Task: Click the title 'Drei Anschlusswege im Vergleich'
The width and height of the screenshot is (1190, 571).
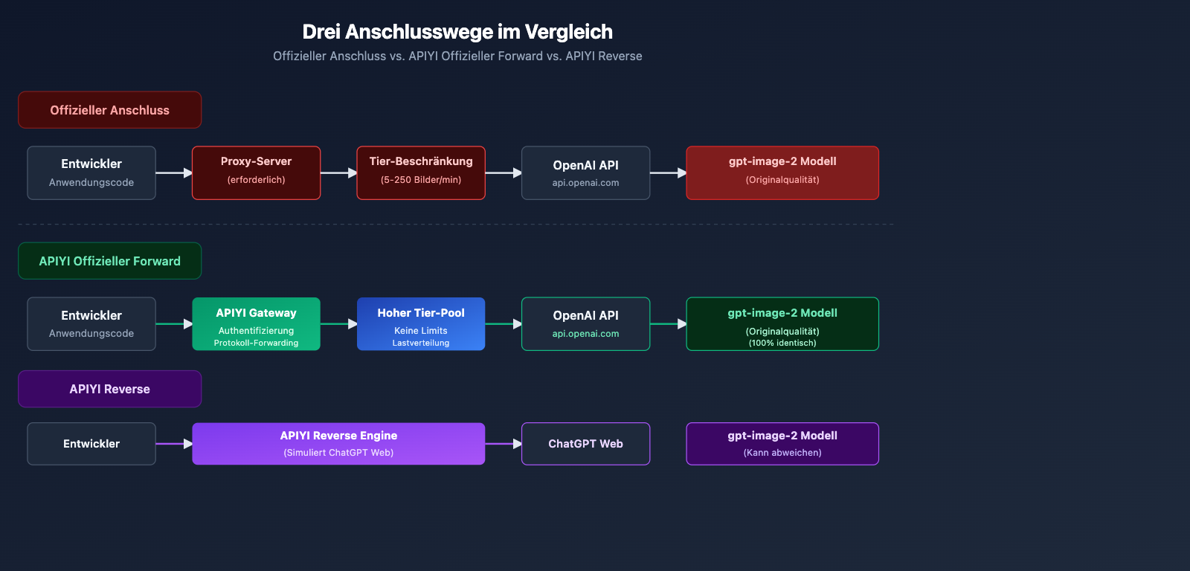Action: [x=457, y=32]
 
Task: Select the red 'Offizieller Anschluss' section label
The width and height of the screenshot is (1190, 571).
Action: [x=109, y=110]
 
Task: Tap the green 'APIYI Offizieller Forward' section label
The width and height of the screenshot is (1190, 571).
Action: [x=109, y=261]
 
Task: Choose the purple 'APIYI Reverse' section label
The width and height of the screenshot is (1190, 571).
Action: [x=109, y=389]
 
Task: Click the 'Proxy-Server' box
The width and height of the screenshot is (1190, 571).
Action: [x=256, y=172]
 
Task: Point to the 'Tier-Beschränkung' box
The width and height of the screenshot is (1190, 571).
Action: [x=421, y=172]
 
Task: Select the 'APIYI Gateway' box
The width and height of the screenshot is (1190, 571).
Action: [x=256, y=323]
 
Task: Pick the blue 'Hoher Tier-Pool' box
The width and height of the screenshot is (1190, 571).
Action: [x=421, y=323]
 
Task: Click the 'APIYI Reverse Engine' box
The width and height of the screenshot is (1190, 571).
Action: [x=338, y=443]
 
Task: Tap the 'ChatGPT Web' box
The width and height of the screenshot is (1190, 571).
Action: [x=585, y=444]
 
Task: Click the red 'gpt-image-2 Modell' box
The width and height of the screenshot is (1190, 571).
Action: [x=782, y=172]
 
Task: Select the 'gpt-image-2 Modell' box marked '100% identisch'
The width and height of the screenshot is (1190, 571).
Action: [x=782, y=323]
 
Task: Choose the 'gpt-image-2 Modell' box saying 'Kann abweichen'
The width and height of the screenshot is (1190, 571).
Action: [x=782, y=443]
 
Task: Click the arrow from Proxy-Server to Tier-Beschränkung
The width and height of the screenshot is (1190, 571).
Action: [x=339, y=172]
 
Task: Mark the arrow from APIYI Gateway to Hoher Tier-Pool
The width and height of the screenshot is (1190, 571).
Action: [x=339, y=323]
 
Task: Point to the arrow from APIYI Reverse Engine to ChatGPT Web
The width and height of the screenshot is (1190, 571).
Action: [x=504, y=444]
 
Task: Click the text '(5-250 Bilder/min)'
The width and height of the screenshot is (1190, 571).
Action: [x=421, y=180]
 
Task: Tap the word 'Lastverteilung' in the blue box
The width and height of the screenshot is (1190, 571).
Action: [x=421, y=343]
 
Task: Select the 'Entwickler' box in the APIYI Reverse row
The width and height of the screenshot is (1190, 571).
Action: [x=91, y=444]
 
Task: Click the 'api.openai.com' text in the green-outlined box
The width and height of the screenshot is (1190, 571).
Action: [x=585, y=334]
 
